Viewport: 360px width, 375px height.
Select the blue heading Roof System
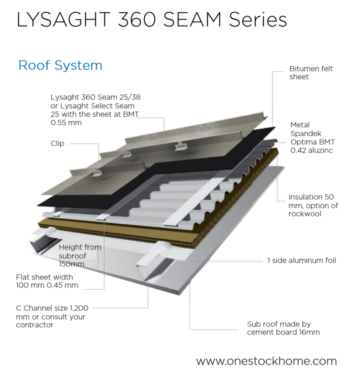pos(60,65)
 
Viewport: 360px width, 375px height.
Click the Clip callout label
pos(57,144)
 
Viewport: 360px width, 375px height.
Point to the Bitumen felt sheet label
pos(311,73)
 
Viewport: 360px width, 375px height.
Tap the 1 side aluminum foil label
pos(301,261)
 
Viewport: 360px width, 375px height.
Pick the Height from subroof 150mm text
pos(80,255)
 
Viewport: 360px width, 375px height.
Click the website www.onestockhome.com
pos(266,361)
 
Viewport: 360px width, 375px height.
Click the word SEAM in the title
pos(196,20)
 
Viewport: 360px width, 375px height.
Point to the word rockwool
pos(305,213)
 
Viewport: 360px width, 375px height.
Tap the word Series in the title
pos(258,20)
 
